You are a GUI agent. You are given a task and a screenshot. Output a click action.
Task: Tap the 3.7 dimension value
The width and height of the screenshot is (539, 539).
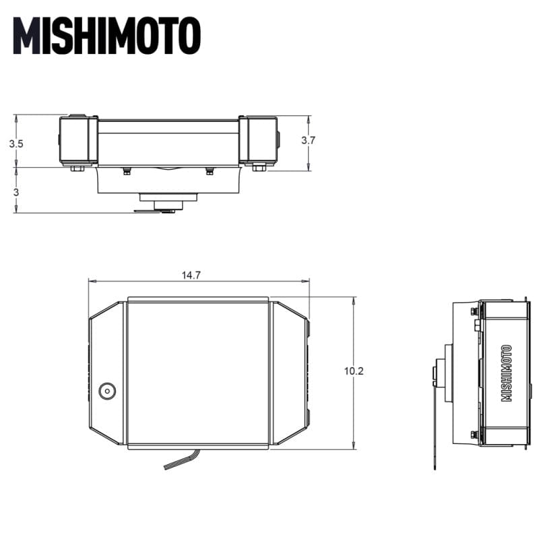(x=308, y=140)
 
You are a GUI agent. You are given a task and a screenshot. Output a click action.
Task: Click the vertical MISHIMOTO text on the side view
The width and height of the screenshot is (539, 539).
(x=507, y=373)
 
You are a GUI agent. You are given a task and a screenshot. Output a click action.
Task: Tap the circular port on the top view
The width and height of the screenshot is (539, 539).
(x=107, y=391)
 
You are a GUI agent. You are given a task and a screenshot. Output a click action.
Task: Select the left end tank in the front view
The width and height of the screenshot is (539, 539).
(x=78, y=140)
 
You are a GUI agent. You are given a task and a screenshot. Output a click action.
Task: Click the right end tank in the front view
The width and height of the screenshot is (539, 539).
(x=257, y=139)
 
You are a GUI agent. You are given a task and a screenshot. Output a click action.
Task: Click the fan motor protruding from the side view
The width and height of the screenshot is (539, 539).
(x=445, y=374)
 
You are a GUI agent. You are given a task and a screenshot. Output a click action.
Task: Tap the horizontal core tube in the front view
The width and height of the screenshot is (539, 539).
(x=168, y=141)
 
